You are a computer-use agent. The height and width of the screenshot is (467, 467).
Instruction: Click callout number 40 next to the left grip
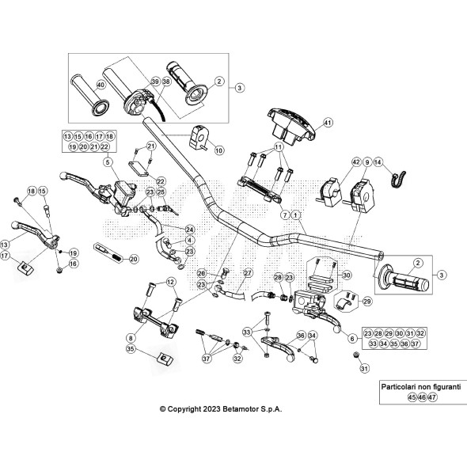point(101,85)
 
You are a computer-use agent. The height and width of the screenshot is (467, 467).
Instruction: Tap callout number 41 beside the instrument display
point(328,122)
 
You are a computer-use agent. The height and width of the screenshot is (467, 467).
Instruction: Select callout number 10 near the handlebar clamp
point(219,150)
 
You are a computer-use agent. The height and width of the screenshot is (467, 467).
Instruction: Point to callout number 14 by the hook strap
point(378,161)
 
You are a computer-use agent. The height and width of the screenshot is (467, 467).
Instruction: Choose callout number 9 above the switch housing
point(367,161)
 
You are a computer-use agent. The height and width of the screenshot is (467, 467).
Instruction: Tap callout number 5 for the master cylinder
point(104,162)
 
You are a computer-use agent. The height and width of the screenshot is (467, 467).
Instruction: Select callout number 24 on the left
point(190,230)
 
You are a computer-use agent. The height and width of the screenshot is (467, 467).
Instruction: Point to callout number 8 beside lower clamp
point(130,336)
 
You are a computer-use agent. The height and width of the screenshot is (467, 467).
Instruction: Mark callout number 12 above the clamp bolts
point(171,283)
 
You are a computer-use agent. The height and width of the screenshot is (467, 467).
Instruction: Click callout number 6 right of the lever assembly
point(351,338)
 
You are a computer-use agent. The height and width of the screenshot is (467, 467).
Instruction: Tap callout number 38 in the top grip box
point(166,81)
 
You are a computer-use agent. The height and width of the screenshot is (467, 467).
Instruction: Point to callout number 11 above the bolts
point(279,148)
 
